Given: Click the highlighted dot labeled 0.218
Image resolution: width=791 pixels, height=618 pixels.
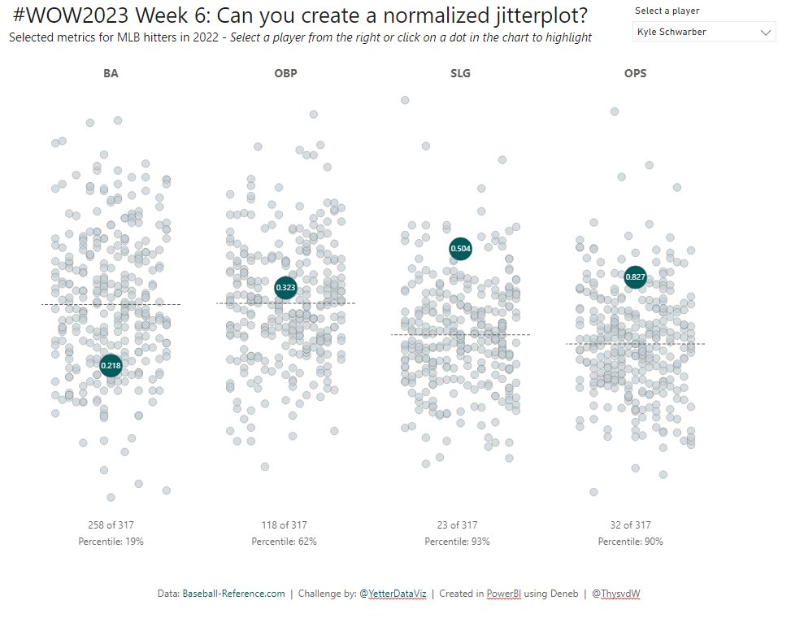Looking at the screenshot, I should coord(111,366).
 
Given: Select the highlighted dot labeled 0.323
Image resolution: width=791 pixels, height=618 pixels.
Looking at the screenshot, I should coord(285,287).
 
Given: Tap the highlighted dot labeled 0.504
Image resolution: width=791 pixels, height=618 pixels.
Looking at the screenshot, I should coord(460,248).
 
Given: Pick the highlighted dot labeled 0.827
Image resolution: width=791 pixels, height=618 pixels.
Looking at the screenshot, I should coord(635,277).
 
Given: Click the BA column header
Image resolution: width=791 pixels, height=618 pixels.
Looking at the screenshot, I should coord(111,73).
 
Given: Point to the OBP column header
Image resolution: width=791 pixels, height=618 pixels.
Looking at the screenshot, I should coord(285,73).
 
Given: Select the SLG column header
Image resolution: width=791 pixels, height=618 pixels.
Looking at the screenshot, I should coord(460,73).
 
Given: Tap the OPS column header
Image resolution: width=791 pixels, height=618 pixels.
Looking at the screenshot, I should coord(635,73).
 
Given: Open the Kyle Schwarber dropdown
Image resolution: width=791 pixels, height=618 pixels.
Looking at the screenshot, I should coord(703,32).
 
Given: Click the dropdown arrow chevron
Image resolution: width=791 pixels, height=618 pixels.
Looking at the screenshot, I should coord(765,33).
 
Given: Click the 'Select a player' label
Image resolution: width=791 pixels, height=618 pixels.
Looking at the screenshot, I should coord(667,11).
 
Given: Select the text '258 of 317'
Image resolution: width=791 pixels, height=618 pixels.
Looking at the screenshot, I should coord(111,525).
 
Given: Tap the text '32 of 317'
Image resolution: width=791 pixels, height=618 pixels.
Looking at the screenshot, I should coord(630,525).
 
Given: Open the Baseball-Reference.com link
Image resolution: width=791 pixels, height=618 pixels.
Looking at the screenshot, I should coord(233,594).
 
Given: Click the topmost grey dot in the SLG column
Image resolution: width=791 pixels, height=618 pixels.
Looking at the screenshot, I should coord(404,100).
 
